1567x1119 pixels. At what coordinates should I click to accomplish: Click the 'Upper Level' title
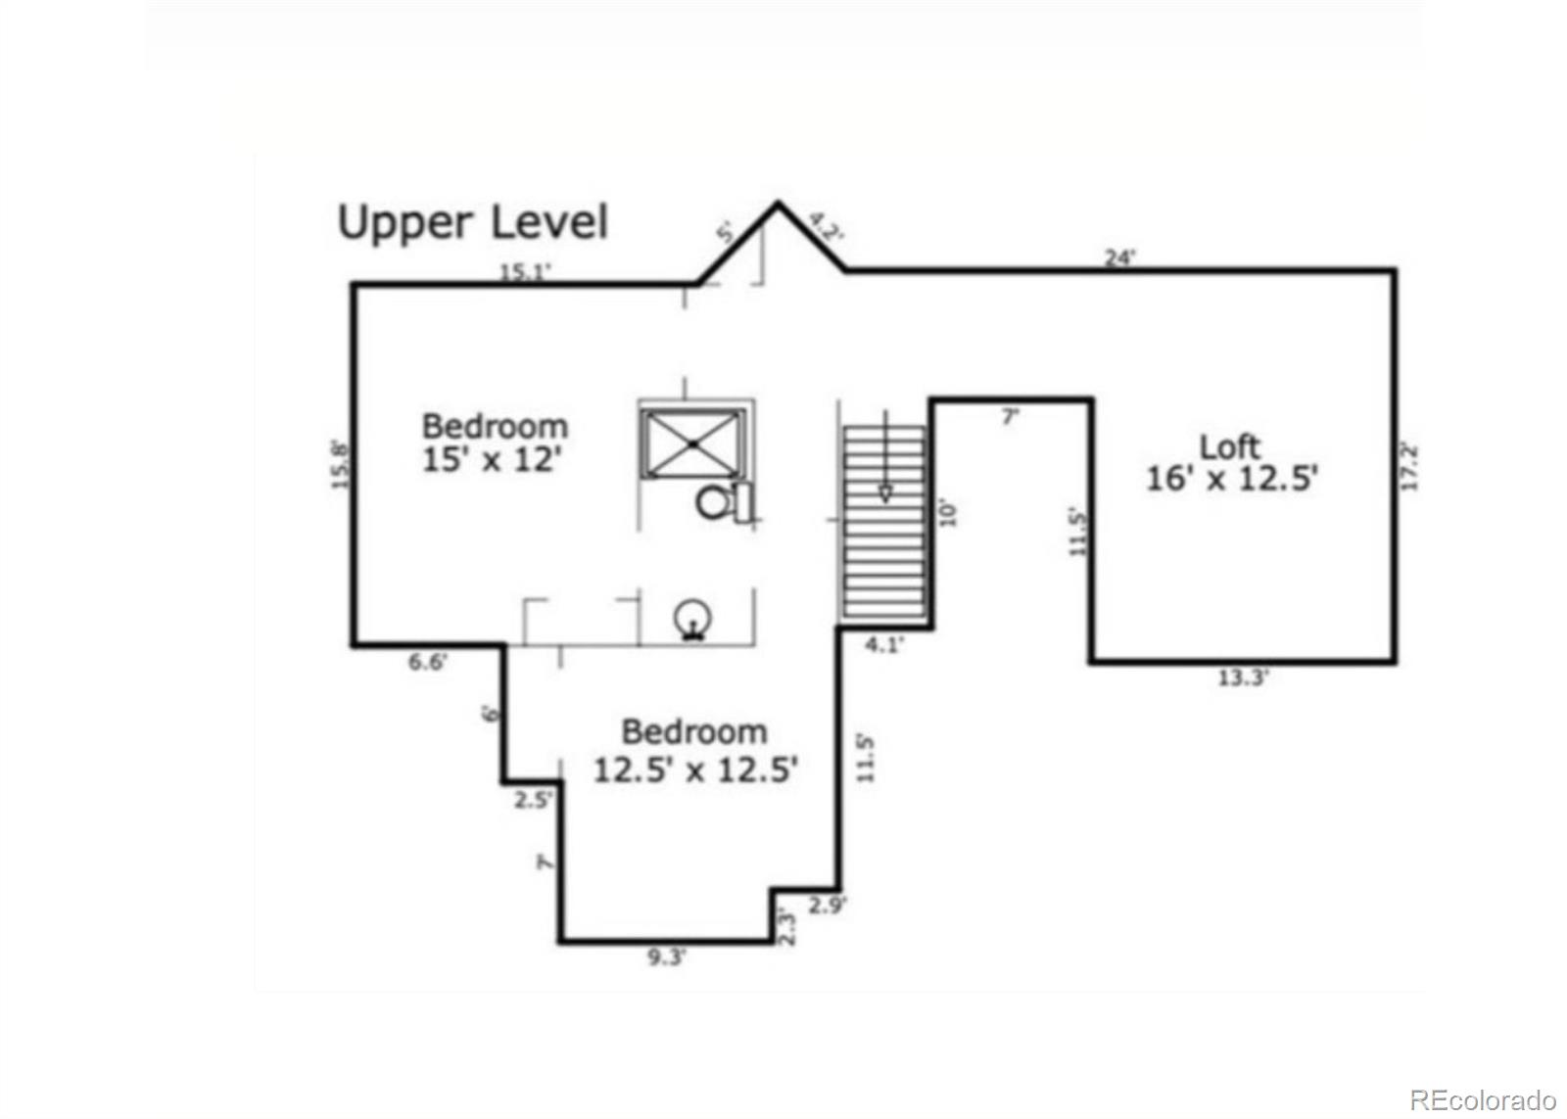pos(473,223)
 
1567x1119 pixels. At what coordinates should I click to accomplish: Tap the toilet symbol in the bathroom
pos(723,502)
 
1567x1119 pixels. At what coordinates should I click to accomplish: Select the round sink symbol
pos(694,619)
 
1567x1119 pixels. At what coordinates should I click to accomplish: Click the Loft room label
pos(1231,463)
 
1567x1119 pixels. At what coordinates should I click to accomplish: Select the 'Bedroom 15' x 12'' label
pos(494,443)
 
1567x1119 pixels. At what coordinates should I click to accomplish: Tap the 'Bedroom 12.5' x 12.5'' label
pos(695,751)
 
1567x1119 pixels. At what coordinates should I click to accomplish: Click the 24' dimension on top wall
pos(1119,257)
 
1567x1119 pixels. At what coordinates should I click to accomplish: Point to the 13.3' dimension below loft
pos(1243,677)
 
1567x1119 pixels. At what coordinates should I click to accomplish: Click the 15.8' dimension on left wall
pos(340,464)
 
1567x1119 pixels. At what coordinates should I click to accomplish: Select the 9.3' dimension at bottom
pos(666,957)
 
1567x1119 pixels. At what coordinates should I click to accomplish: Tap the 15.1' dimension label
pos(525,272)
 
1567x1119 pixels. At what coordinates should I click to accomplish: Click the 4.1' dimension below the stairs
pos(883,644)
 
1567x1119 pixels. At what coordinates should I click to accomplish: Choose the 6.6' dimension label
pos(427,662)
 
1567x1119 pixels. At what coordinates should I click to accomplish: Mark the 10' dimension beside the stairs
pos(947,513)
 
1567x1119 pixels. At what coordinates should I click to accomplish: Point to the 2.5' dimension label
pos(533,799)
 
